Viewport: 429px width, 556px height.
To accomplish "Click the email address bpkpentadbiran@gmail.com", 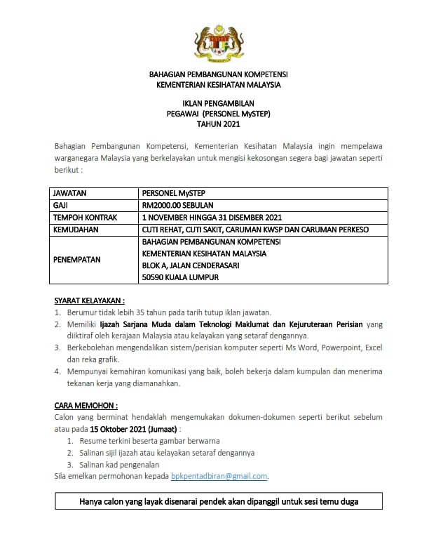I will [x=219, y=476].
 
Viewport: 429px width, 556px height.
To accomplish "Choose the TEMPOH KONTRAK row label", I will [x=85, y=217].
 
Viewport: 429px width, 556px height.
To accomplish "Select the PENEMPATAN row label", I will [x=77, y=259].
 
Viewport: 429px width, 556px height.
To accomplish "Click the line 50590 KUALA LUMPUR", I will [x=180, y=277].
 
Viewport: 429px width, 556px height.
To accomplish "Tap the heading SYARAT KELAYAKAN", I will [x=90, y=300].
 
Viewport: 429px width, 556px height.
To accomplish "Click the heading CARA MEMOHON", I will [x=86, y=405].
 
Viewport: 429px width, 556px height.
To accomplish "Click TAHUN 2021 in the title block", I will [x=218, y=124].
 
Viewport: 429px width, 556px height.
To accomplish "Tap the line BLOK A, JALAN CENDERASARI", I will [x=194, y=265].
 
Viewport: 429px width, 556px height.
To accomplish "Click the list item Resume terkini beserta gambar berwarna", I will [x=149, y=440].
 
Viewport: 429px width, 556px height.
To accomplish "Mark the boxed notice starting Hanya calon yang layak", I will [x=219, y=502].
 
